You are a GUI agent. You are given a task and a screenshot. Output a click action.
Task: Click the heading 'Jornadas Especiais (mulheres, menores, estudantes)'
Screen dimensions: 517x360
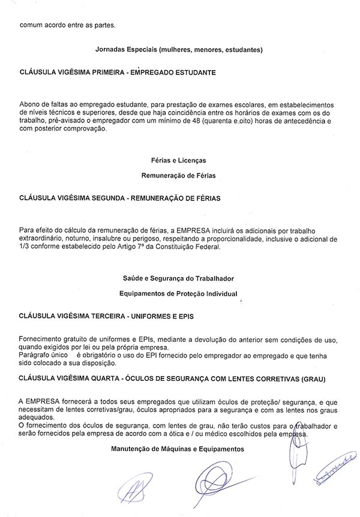click(179, 49)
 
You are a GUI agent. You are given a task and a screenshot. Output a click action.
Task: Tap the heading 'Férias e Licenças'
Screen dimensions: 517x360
click(179, 160)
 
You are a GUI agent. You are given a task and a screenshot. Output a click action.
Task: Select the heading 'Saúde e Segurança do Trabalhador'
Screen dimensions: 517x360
click(179, 279)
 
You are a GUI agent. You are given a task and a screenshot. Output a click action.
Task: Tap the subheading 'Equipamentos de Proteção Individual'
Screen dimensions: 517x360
click(179, 293)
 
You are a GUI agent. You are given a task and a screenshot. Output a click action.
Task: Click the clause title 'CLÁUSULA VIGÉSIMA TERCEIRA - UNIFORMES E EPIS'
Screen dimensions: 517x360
click(107, 315)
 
